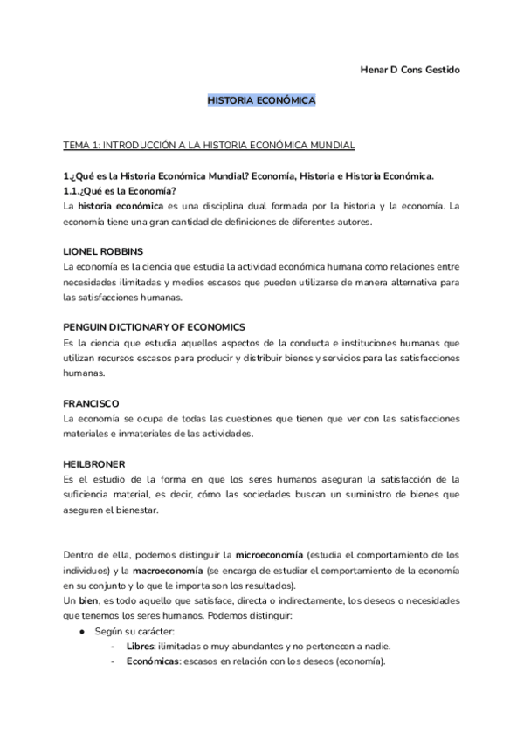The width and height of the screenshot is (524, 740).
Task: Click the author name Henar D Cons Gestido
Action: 410,69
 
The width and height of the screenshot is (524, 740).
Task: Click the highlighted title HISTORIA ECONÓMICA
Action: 261,101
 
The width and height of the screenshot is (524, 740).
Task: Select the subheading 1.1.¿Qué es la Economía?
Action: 121,190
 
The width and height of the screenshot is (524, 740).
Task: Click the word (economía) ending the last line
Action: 357,661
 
